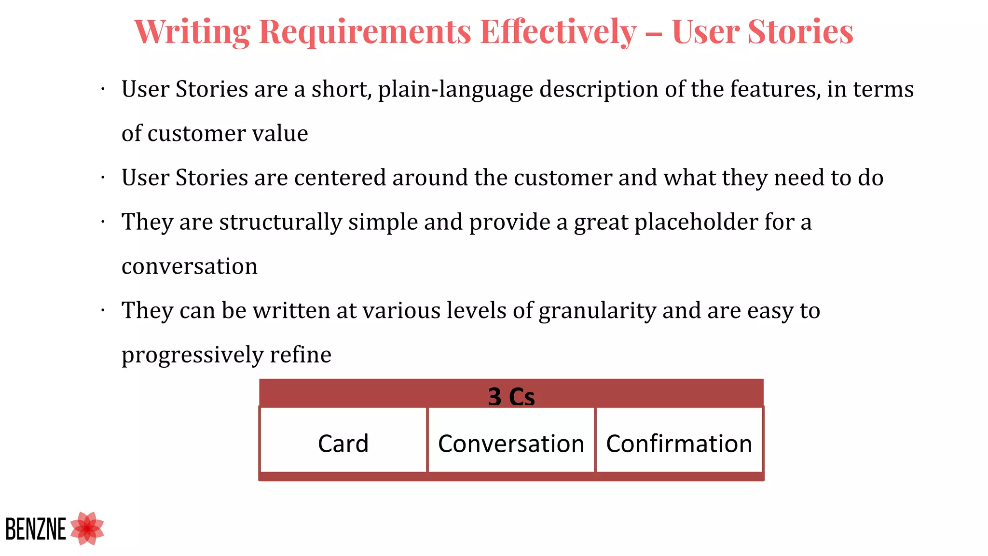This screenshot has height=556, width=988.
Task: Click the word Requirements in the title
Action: [365, 32]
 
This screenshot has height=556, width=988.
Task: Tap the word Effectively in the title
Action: [558, 32]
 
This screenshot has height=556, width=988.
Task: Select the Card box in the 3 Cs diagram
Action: [343, 443]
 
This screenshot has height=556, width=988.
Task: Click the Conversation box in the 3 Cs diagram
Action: [511, 443]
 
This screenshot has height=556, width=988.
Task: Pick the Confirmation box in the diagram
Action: [679, 443]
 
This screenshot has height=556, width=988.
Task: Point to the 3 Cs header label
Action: [511, 397]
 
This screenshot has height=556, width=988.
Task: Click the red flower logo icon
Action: [87, 528]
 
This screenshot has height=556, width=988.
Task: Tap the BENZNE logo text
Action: [36, 529]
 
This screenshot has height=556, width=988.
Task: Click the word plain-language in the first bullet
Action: [455, 90]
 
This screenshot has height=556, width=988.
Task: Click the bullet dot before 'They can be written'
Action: [103, 310]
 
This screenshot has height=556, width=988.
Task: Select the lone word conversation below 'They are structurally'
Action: [190, 266]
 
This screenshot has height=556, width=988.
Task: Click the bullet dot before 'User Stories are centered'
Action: [103, 178]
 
